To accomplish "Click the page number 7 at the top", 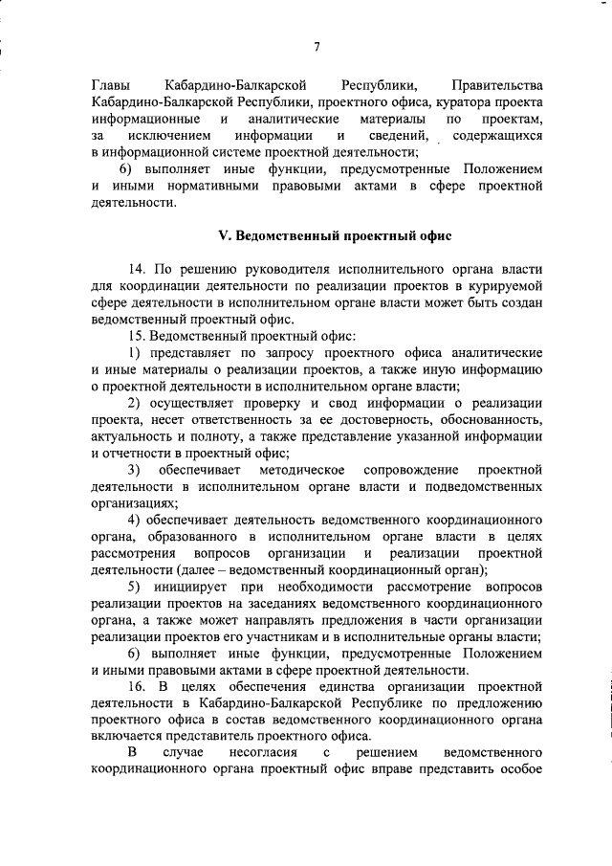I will (316, 48).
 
